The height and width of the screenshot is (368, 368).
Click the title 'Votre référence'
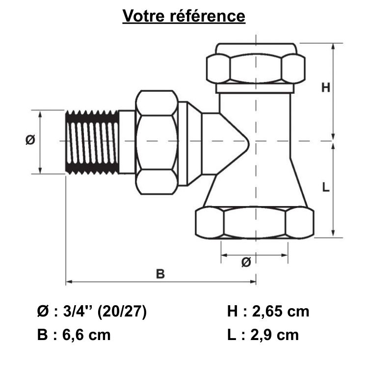point(184,16)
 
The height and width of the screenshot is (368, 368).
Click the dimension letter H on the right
point(326,88)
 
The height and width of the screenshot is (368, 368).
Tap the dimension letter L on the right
point(326,187)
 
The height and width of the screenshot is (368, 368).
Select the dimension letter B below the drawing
point(160,274)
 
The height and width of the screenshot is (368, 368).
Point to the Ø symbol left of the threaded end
point(30,140)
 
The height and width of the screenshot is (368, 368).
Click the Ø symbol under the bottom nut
point(246,263)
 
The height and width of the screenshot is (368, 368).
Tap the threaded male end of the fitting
point(93,142)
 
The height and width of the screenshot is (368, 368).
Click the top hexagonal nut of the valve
point(254,68)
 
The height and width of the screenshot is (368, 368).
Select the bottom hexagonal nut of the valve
point(254,223)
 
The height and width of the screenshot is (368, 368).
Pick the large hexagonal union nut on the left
point(157,142)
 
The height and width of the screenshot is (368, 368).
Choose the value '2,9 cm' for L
point(275,335)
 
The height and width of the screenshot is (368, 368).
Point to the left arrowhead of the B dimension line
point(68,282)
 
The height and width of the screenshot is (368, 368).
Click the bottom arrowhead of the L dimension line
point(334,235)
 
